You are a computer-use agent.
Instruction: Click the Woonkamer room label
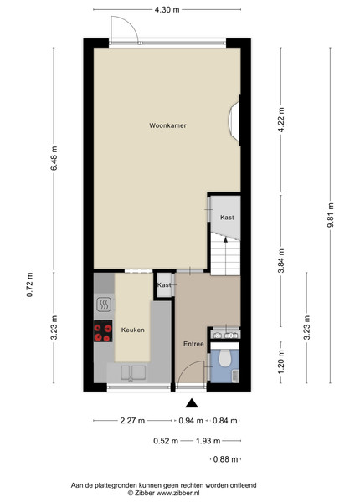pos(167,125)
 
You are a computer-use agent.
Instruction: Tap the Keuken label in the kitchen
pos(132,330)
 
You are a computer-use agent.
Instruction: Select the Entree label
pos(193,344)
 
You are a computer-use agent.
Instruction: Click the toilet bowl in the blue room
pos(224,357)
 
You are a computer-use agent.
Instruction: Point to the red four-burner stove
pos(103,331)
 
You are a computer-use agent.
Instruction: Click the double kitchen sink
pos(133,372)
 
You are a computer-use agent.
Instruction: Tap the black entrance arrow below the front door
pos(192,403)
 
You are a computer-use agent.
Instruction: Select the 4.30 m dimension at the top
pos(167,9)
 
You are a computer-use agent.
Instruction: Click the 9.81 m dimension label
pos(331,215)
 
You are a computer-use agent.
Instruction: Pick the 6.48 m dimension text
pos(54,158)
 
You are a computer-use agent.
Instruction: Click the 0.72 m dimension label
pos(29,284)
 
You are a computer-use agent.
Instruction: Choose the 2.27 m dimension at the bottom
pos(132,421)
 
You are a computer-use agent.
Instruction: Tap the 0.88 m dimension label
pos(225,459)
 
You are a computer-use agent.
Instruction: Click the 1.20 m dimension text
pos(281,361)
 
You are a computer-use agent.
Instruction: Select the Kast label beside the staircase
pos(227,218)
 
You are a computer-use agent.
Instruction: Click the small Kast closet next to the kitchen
pos(163,285)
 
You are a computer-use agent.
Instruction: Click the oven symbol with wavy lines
pos(104,305)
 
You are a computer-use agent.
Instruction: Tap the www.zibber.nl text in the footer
pos(177,493)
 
